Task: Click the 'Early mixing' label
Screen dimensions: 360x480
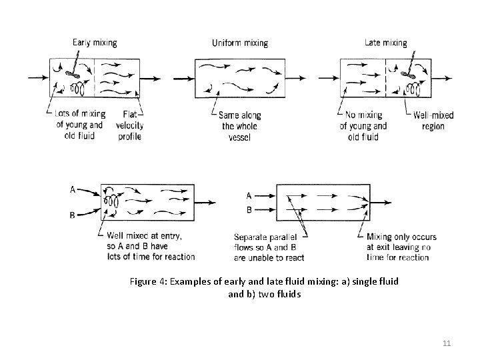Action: (x=95, y=43)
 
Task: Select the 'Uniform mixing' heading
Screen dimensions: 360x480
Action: (x=239, y=43)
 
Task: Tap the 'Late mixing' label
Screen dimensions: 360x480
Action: (x=385, y=43)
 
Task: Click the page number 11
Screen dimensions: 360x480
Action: (x=447, y=343)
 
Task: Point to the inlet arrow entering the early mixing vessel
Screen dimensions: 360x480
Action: (x=39, y=78)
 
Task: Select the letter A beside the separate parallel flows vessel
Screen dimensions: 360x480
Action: (x=249, y=196)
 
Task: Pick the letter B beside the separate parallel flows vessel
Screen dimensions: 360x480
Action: (x=249, y=209)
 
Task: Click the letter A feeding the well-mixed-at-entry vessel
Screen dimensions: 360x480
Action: (x=72, y=189)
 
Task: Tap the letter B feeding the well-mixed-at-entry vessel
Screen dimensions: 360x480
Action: (x=72, y=215)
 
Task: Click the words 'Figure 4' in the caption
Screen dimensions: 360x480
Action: (x=147, y=281)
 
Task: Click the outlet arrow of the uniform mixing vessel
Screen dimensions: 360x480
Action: (x=298, y=78)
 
